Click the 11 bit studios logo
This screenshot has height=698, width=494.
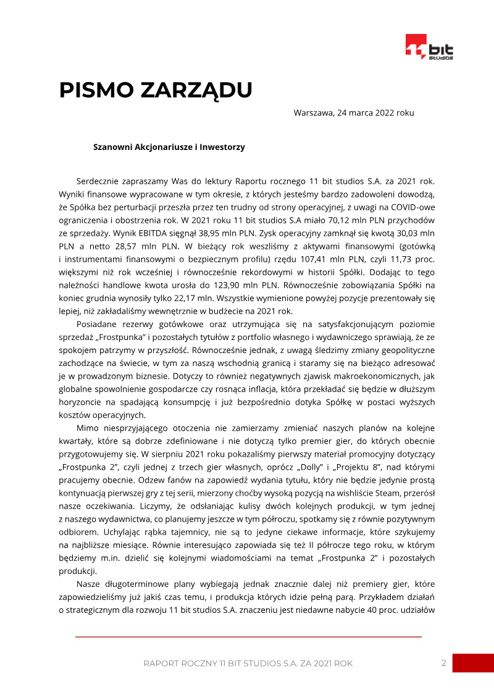pyautogui.click(x=429, y=48)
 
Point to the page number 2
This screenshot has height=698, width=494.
pyautogui.click(x=443, y=663)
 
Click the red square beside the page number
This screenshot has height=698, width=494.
pyautogui.click(x=473, y=663)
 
